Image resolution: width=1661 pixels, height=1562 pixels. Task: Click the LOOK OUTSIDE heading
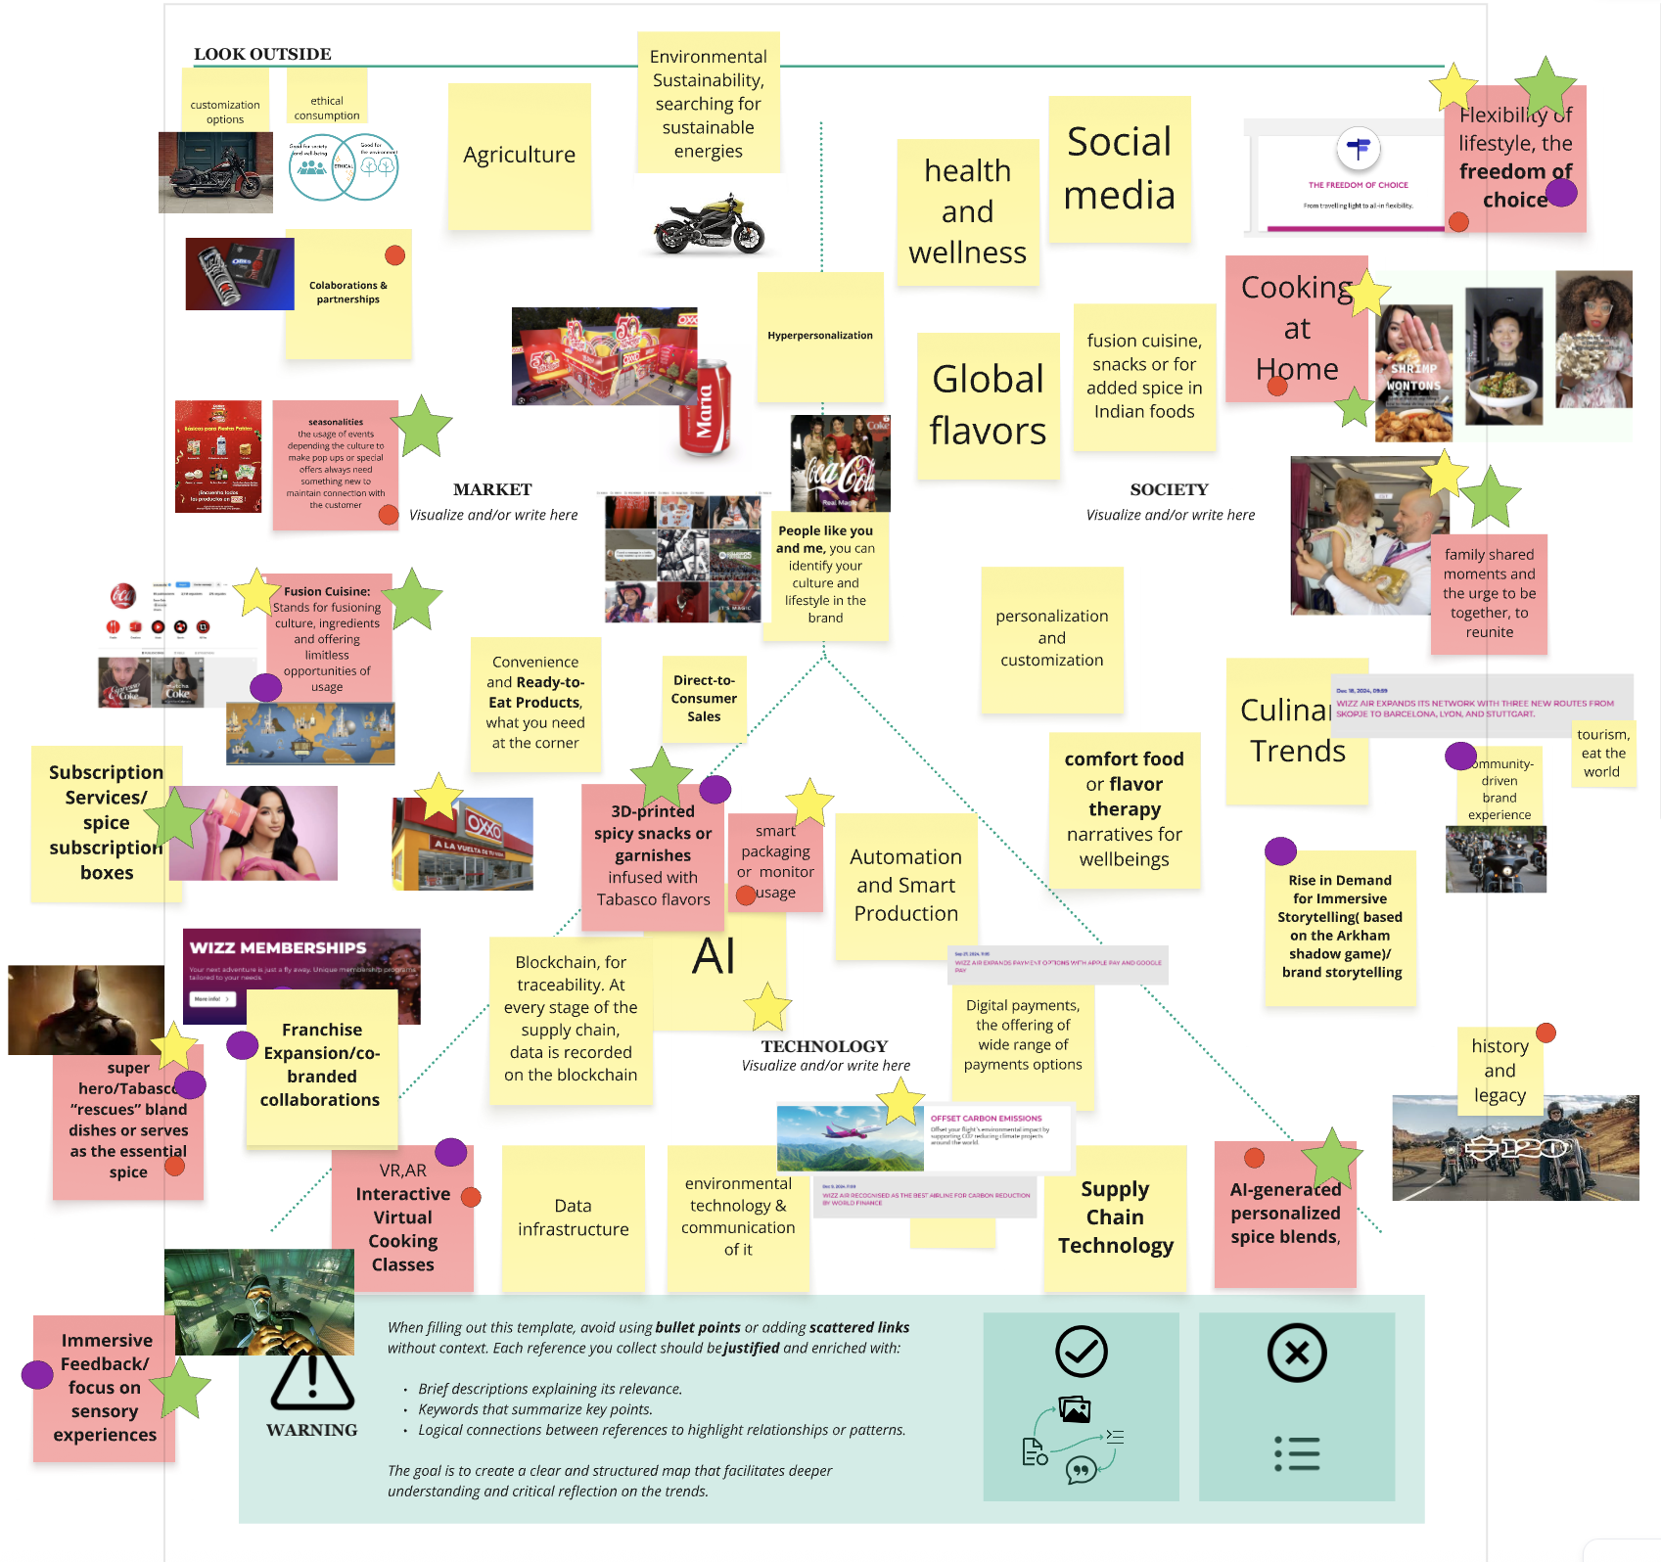coord(262,54)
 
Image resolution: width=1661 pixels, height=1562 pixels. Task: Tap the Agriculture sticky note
coord(519,155)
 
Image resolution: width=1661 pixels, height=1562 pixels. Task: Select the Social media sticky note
coord(1119,168)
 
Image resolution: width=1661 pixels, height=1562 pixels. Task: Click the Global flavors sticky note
coord(988,405)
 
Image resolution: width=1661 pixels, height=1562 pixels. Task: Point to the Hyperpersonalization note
coord(819,336)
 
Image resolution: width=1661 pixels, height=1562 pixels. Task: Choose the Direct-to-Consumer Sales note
coord(704,698)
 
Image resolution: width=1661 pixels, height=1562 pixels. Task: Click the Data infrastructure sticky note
coord(573,1217)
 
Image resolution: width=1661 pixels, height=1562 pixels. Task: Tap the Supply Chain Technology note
coord(1115,1217)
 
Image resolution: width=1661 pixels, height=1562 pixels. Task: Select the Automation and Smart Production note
coord(905,885)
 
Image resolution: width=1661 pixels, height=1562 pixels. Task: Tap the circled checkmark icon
coord(1081,1352)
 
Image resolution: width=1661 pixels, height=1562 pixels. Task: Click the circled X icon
coord(1296,1353)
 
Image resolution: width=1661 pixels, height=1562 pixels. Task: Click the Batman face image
coord(86,1008)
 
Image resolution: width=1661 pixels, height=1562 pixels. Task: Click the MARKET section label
coord(492,489)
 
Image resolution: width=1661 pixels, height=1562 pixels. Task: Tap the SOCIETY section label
coord(1169,489)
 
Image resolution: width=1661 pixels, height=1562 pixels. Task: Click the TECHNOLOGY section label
coord(824,1046)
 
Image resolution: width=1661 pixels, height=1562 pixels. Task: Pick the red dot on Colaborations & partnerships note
coord(395,255)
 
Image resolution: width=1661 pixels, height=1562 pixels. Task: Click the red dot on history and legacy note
coord(1546,1033)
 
